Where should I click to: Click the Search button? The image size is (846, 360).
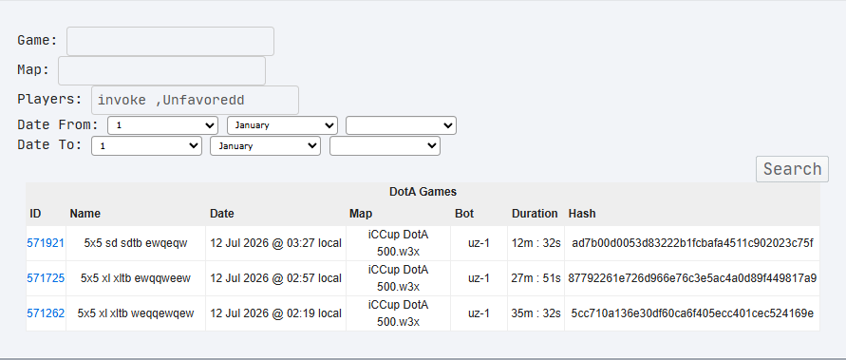click(792, 169)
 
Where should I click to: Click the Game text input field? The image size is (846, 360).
click(171, 41)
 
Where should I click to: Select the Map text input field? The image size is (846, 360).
click(161, 70)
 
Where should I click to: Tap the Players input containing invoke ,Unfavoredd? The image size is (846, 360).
click(195, 100)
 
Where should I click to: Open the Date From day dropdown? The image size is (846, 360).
click(163, 125)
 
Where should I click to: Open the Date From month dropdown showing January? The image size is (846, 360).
click(282, 125)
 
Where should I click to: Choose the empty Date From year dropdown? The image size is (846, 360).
click(401, 125)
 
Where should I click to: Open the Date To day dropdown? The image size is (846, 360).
click(147, 146)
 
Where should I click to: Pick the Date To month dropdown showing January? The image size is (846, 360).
click(266, 146)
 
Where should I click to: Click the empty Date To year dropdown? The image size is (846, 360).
click(385, 146)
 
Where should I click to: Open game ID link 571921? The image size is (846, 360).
click(46, 243)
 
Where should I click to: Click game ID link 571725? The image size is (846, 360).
click(46, 278)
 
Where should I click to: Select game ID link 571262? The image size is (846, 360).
click(46, 313)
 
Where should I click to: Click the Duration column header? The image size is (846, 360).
click(535, 214)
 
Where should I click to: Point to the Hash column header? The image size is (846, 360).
click(582, 214)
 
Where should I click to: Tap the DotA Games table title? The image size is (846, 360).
click(423, 192)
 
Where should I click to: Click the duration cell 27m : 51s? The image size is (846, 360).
click(536, 278)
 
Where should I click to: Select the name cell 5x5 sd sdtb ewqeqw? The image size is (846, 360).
click(136, 243)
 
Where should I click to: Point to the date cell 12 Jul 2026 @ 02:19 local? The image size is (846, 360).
click(275, 313)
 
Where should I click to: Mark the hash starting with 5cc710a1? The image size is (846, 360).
click(692, 313)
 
